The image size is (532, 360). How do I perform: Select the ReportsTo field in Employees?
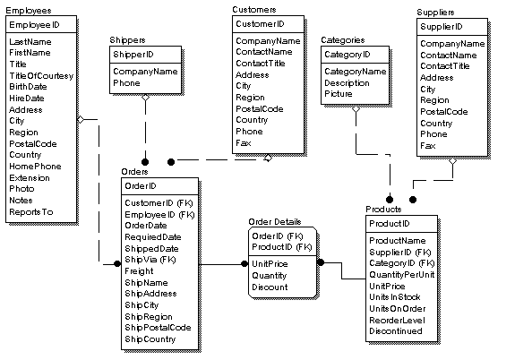pyautogui.click(x=31, y=212)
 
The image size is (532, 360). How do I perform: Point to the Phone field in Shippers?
pyautogui.click(x=126, y=82)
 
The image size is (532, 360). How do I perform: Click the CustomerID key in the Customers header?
pyautogui.click(x=260, y=23)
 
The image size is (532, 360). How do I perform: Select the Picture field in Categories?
pyautogui.click(x=338, y=93)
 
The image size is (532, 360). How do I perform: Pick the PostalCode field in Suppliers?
pyautogui.click(x=445, y=112)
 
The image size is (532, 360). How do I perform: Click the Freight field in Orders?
pyautogui.click(x=139, y=271)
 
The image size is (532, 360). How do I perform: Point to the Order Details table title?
pyautogui.click(x=275, y=221)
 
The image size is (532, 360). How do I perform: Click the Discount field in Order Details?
pyautogui.click(x=270, y=287)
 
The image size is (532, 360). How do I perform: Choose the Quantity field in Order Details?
pyautogui.click(x=270, y=276)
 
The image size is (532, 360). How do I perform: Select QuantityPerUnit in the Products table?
pyautogui.click(x=400, y=274)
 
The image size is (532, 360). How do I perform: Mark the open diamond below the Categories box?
pyautogui.click(x=356, y=107)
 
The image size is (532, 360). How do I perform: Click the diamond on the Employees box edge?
pyautogui.click(x=80, y=118)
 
